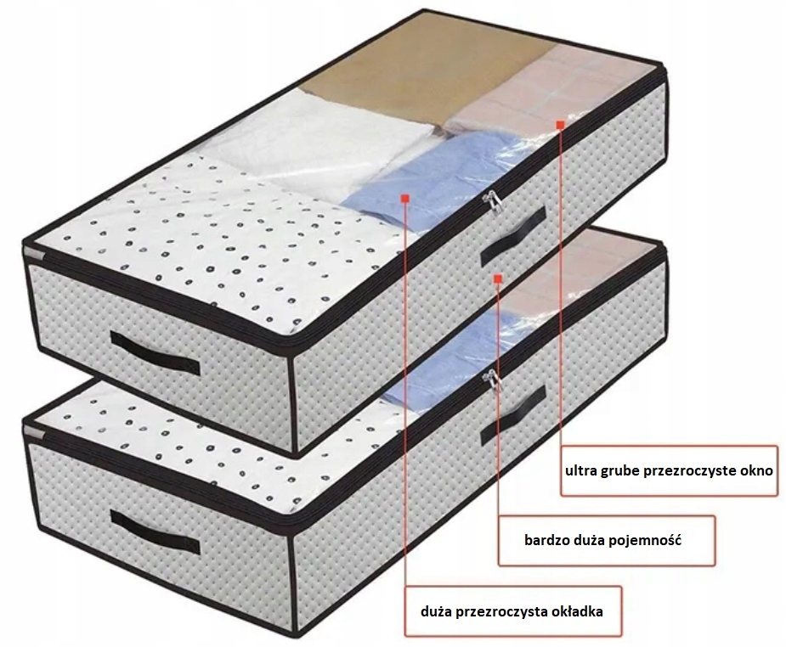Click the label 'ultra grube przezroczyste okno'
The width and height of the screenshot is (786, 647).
[x=669, y=470]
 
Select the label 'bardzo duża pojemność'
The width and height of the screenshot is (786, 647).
[x=604, y=539]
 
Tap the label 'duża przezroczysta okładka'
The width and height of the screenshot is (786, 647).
[x=512, y=610]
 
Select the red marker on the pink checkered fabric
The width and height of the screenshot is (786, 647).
[x=560, y=124]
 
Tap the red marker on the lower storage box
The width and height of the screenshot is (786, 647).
[x=498, y=278]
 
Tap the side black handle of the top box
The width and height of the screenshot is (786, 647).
[x=512, y=239]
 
